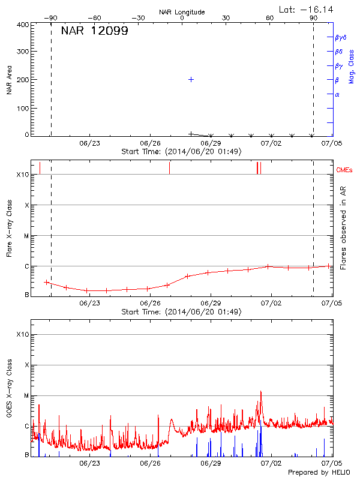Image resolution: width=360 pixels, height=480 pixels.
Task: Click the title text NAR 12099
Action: (x=94, y=31)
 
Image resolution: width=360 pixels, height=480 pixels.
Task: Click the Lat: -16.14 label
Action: (x=307, y=10)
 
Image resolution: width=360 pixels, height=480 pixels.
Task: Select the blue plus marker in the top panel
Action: (x=191, y=79)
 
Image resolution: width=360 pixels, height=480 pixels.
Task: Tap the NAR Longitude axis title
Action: (x=182, y=12)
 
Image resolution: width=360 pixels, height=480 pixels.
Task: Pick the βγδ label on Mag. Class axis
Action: (x=341, y=37)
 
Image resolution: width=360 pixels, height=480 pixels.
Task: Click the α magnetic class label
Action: (x=337, y=94)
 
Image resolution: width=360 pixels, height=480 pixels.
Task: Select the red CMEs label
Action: (x=344, y=171)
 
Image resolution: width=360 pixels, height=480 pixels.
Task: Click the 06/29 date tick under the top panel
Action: (x=211, y=144)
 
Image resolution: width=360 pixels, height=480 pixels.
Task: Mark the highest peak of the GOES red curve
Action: (x=261, y=391)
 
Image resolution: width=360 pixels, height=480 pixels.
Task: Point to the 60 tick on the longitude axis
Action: (x=270, y=18)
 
